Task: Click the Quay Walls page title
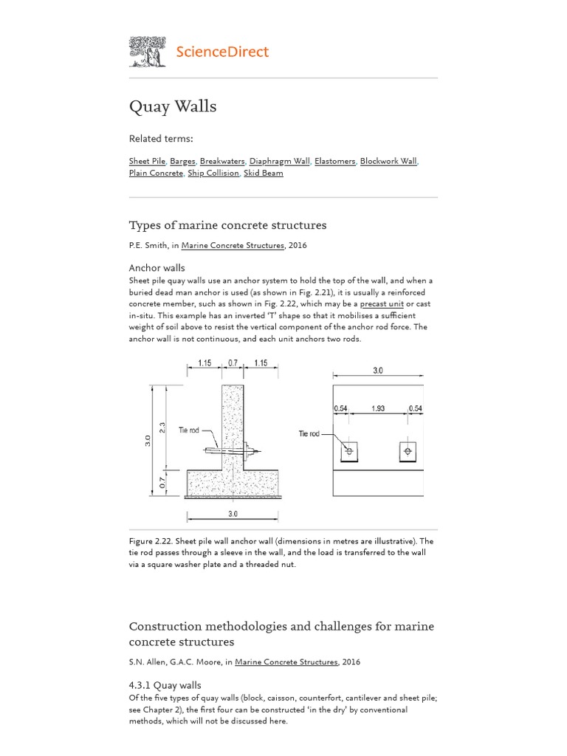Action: click(173, 106)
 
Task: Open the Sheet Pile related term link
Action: click(147, 161)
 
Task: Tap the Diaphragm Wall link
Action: click(279, 161)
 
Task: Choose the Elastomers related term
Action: click(335, 161)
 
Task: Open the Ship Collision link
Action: click(213, 173)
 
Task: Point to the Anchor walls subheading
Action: click(157, 267)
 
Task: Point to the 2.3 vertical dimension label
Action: click(162, 427)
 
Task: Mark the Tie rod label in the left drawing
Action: click(189, 431)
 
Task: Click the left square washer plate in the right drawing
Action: click(348, 450)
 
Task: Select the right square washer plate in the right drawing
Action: click(408, 450)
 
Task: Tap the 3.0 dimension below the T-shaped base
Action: click(233, 514)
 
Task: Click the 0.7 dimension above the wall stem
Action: click(233, 363)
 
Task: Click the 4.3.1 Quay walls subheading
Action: click(165, 684)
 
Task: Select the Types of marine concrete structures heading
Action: click(227, 225)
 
